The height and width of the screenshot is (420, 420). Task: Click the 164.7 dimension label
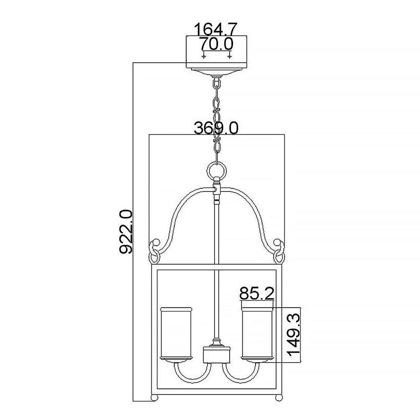216,29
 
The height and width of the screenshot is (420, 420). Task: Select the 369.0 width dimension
216,128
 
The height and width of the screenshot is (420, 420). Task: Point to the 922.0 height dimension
126,232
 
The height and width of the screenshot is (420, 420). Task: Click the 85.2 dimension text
257,293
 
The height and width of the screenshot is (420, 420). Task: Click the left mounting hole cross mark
204,56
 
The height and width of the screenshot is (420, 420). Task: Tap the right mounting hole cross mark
229,56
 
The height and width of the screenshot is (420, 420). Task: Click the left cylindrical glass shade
176,335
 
